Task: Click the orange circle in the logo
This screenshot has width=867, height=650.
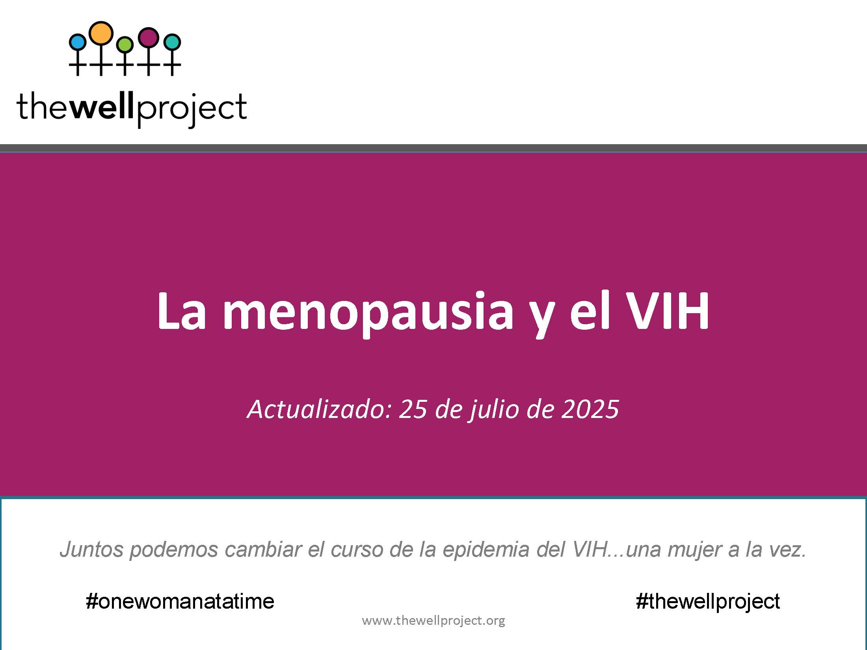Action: tap(101, 33)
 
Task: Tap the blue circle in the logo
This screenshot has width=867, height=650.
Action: tap(77, 41)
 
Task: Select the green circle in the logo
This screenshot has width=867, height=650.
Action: tap(125, 44)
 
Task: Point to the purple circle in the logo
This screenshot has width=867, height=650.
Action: tap(149, 37)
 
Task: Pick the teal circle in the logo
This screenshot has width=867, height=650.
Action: tap(172, 42)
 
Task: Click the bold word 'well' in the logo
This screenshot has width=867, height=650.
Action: tap(103, 106)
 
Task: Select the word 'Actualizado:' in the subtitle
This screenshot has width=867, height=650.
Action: tap(319, 409)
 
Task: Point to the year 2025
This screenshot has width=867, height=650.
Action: tap(590, 409)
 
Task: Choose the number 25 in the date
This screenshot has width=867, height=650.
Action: tap(413, 409)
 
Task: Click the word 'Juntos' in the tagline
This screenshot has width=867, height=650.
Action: tap(91, 549)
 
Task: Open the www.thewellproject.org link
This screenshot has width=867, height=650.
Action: tap(433, 621)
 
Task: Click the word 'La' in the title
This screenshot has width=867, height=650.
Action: tap(182, 311)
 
